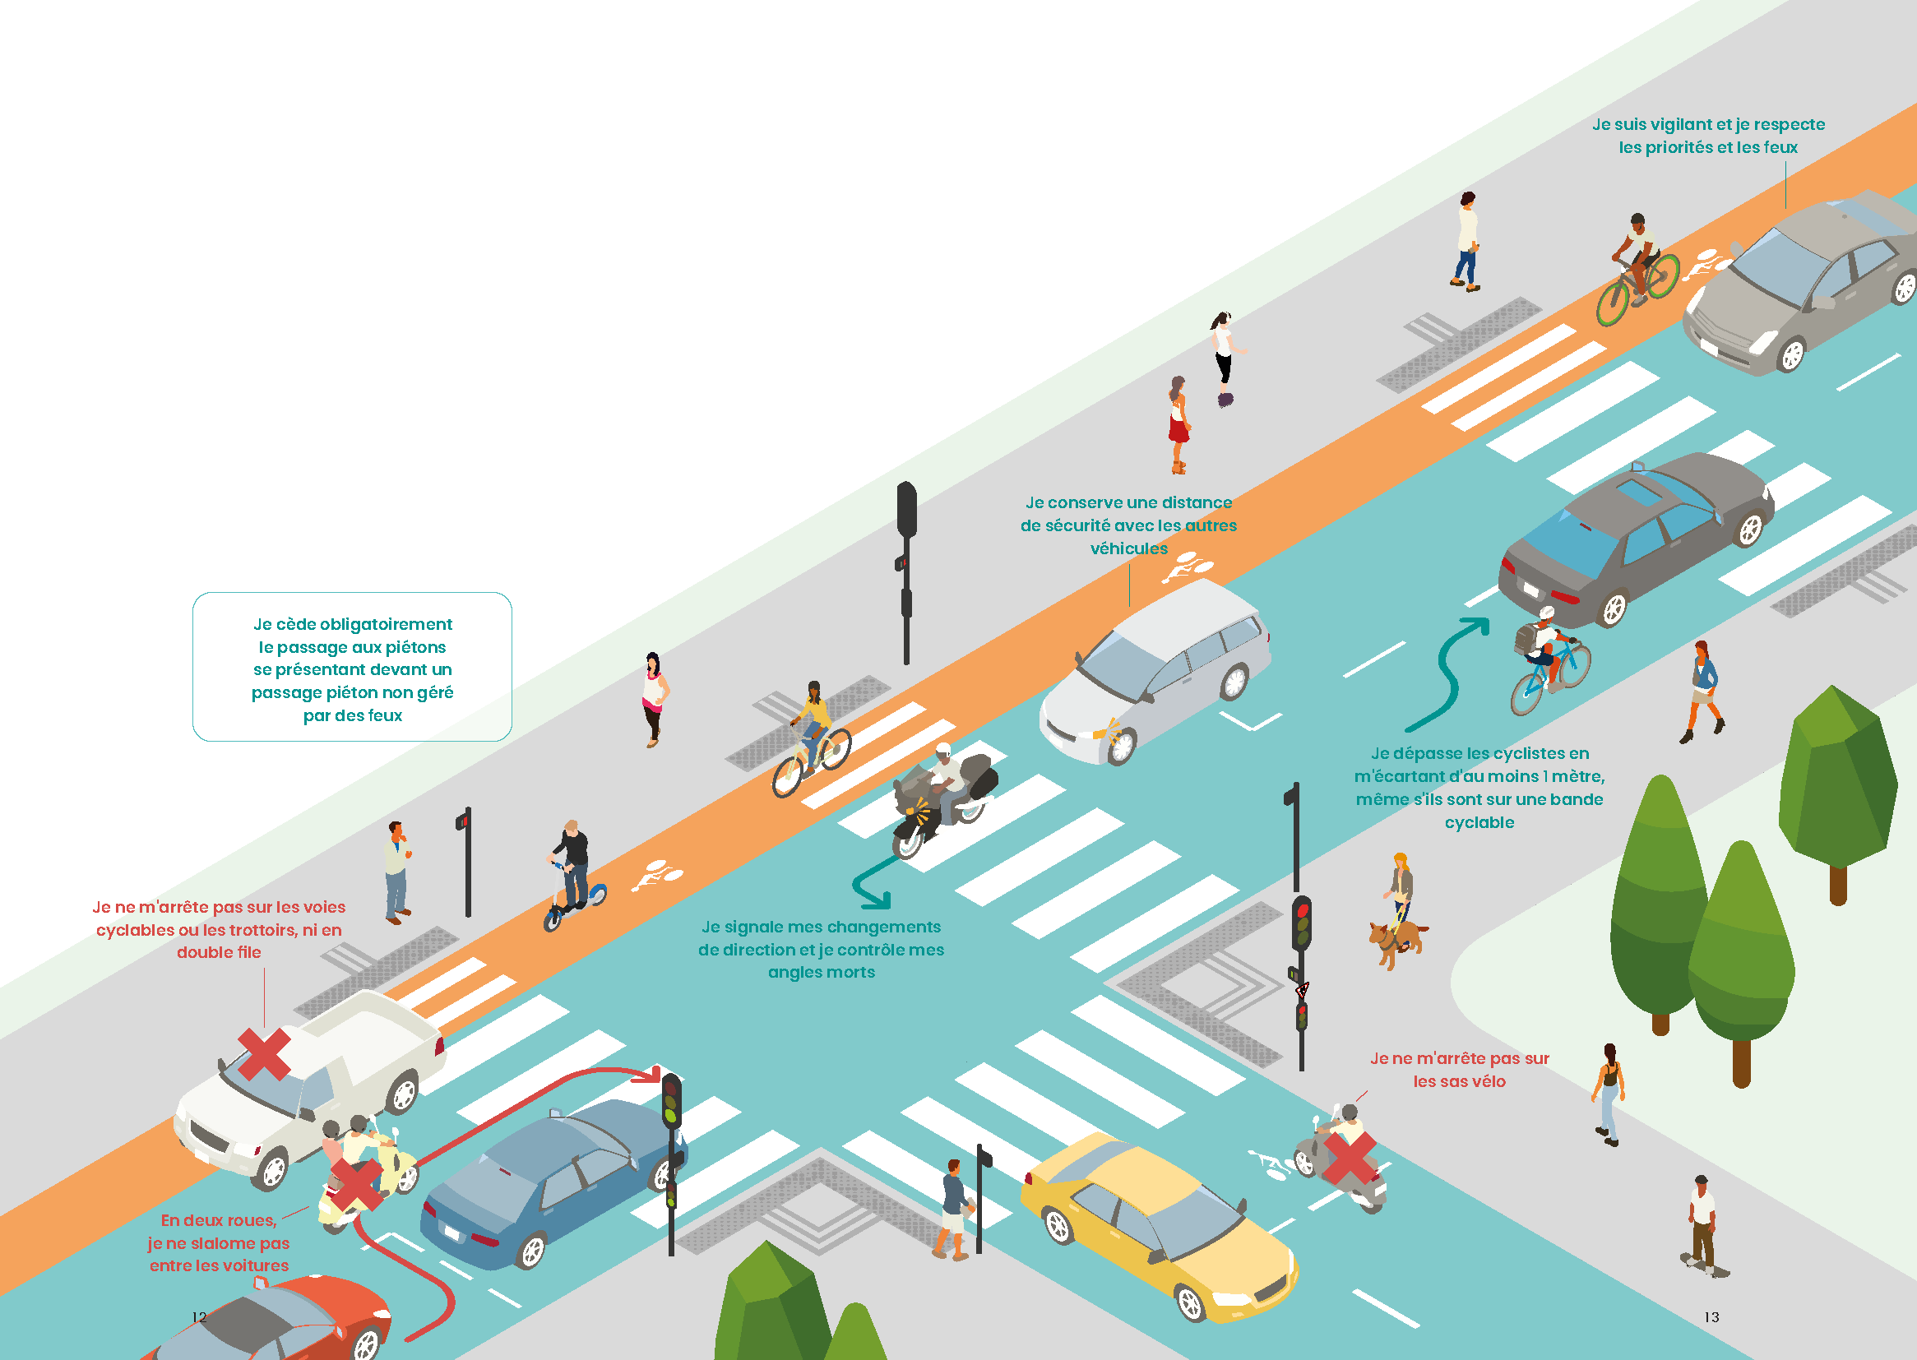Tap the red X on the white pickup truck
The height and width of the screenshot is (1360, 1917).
coord(265,1053)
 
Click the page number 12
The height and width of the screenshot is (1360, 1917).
coord(199,1316)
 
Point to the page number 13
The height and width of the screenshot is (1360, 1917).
coord(1712,1316)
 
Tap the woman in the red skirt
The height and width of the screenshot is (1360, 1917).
coord(1179,424)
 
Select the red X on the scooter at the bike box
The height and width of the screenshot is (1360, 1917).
coord(1349,1159)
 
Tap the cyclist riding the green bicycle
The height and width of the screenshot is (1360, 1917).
coord(1637,270)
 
